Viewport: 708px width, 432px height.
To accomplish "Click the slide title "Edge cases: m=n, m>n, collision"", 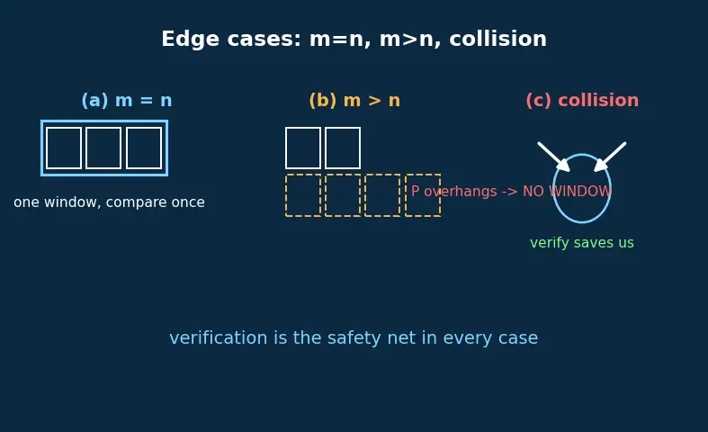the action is (354, 39).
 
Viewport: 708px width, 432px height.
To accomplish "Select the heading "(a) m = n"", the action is (127, 100).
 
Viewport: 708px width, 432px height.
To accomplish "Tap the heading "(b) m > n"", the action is (354, 100).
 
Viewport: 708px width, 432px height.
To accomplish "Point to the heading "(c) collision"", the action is (582, 100).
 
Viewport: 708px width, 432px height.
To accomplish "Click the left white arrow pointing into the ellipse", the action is (553, 157).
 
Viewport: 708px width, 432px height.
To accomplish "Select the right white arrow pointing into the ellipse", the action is (610, 157).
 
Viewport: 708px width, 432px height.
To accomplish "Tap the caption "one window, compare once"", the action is (109, 202).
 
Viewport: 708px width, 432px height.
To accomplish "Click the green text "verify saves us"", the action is (582, 243).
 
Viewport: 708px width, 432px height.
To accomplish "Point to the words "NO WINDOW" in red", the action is (567, 191).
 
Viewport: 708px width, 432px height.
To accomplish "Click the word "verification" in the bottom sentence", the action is (219, 338).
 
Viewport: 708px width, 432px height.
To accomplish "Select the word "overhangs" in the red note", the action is (461, 192).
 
